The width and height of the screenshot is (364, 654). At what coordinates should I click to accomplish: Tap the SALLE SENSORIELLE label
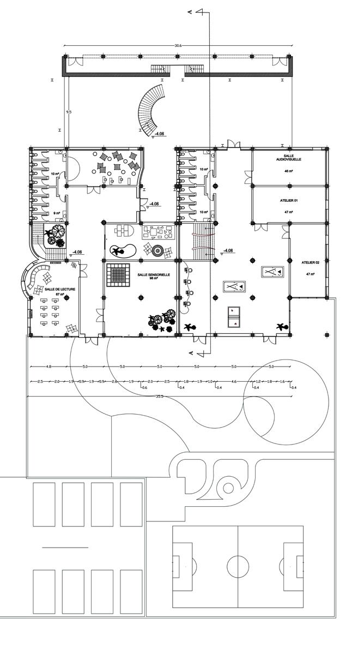pos(154,275)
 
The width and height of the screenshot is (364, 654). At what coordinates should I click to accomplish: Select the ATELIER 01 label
pos(289,201)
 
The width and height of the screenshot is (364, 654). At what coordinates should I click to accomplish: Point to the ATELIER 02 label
pos(311,263)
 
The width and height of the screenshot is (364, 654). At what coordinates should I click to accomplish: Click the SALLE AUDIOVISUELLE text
pos(289,157)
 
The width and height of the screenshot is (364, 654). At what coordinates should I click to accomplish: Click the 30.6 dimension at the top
pos(178,45)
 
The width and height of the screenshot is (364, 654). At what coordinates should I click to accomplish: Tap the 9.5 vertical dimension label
pos(69,112)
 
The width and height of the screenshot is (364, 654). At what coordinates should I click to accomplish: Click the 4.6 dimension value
pos(234,382)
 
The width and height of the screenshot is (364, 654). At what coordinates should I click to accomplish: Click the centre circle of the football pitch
pos(238,567)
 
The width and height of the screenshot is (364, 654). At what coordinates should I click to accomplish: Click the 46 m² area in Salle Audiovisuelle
pos(289,171)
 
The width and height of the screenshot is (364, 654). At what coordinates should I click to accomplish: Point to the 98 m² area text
pos(154,279)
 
